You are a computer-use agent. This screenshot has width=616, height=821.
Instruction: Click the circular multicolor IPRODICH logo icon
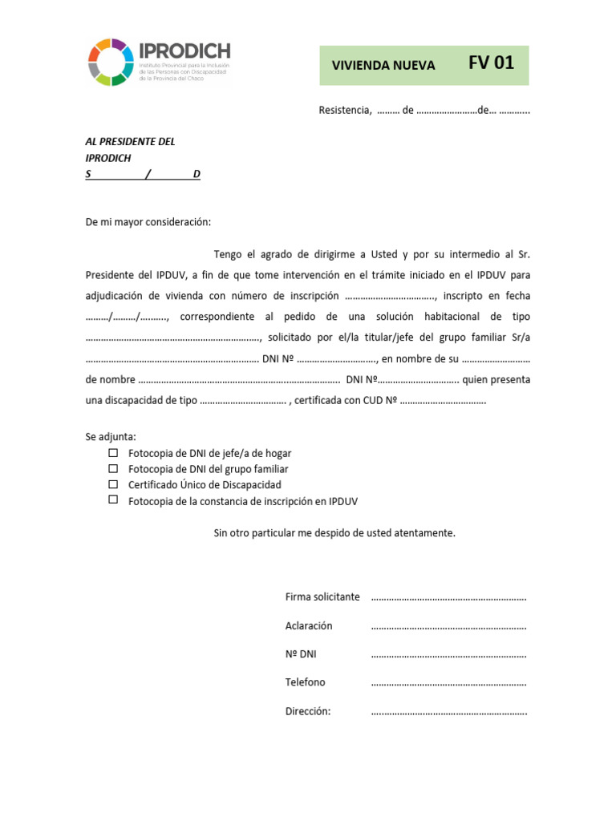point(111,62)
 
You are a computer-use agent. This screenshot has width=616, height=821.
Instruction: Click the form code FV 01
point(491,63)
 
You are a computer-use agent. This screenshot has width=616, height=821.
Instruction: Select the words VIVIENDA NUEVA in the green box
point(384,66)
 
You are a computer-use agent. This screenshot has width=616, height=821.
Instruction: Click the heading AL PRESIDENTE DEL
point(130,142)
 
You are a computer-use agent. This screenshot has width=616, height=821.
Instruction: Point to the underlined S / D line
point(143,175)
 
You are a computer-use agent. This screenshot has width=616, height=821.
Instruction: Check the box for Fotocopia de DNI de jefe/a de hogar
point(113,453)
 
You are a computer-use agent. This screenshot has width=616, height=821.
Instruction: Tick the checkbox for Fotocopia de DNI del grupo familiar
point(113,468)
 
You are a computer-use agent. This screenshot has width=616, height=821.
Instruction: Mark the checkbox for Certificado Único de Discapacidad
point(113,484)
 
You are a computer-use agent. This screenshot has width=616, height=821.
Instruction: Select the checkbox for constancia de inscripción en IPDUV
point(113,499)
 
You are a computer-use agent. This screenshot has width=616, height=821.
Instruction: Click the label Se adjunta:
point(111,437)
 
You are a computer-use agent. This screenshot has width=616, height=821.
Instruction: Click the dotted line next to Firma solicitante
point(448,598)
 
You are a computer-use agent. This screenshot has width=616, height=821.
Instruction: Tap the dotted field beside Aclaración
point(448,626)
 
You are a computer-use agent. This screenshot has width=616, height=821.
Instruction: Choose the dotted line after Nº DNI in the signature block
point(448,655)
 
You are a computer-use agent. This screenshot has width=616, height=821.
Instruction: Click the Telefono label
point(306,682)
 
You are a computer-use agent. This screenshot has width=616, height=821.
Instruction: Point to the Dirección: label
point(308,711)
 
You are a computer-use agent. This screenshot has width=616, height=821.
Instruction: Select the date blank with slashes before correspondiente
point(127,317)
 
